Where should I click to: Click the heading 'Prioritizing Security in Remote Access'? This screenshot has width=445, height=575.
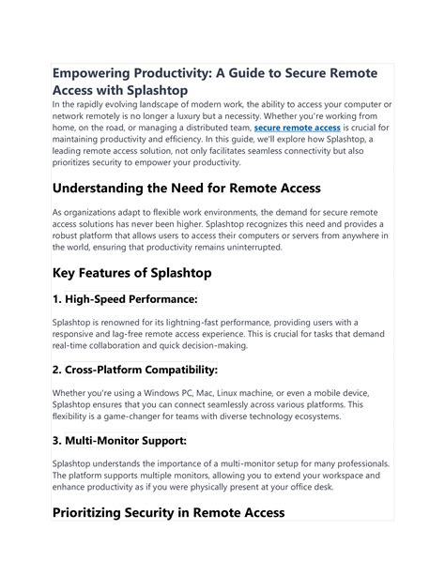[168, 513]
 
